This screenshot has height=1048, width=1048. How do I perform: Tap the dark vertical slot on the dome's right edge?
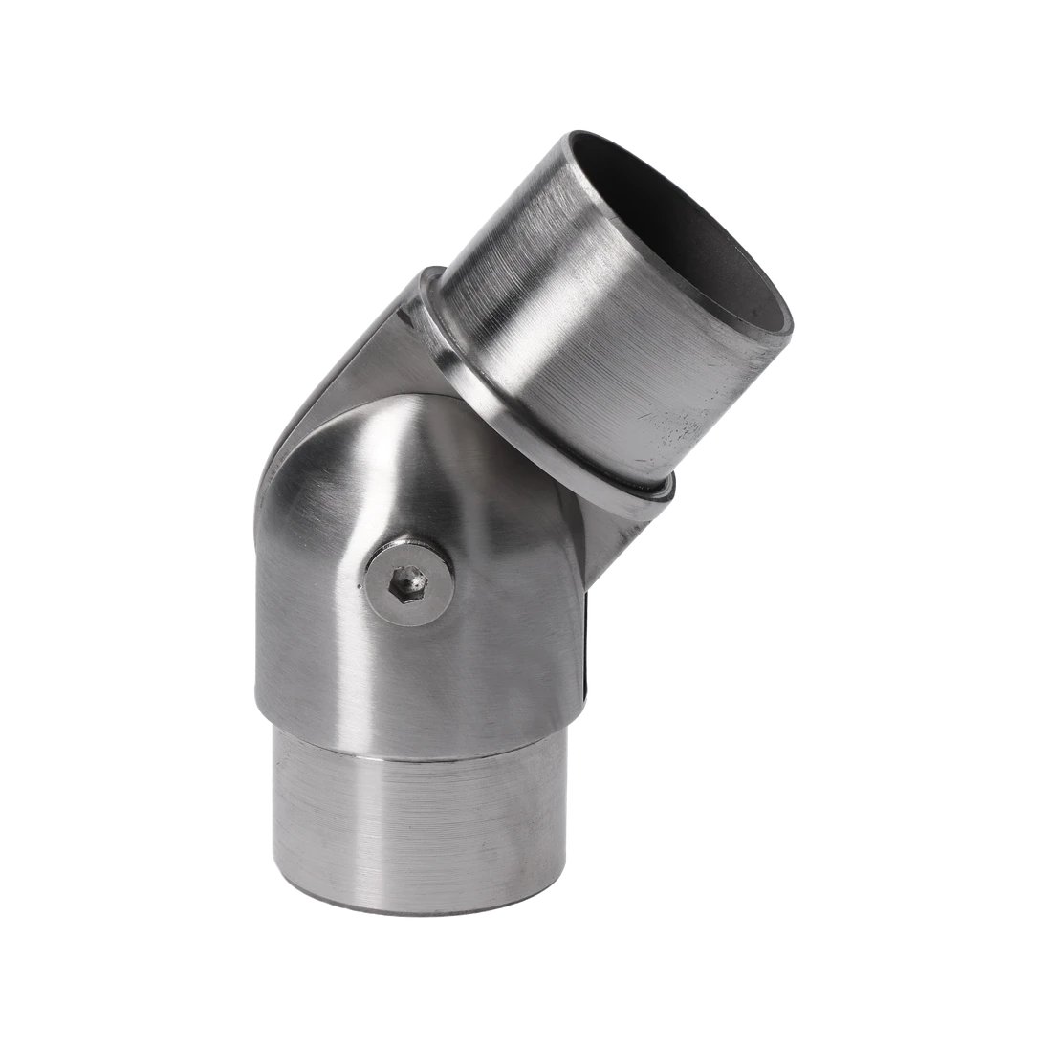click(x=585, y=641)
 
